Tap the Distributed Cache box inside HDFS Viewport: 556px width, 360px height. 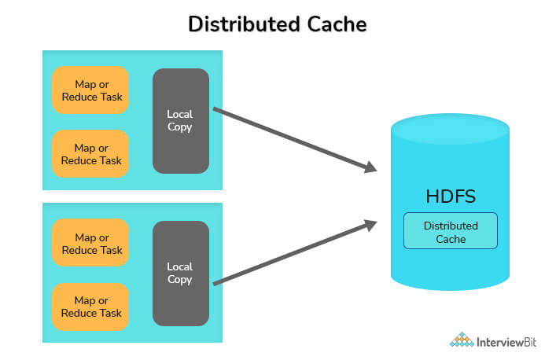(451, 231)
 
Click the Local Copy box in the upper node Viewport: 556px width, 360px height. (180, 121)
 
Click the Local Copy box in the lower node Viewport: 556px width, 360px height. (180, 273)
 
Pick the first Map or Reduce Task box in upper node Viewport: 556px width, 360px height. (90, 90)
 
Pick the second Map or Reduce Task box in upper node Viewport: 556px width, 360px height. (90, 154)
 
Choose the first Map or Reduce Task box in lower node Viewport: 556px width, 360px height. (90, 244)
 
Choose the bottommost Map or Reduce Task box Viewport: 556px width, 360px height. (90, 307)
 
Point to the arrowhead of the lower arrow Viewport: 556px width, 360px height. (370, 226)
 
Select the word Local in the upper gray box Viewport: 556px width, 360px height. (180, 115)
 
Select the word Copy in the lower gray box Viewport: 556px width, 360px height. (180, 279)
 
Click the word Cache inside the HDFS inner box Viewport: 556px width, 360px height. (451, 238)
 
